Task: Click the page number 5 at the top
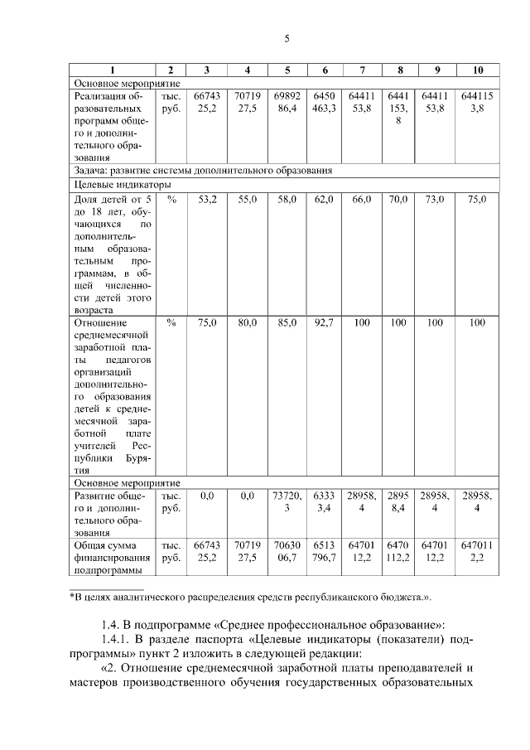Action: [x=287, y=39]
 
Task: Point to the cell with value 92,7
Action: [x=324, y=323]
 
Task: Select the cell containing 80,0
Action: [x=248, y=323]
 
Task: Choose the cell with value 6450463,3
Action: [x=324, y=102]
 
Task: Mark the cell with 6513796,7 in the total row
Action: [x=324, y=551]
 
